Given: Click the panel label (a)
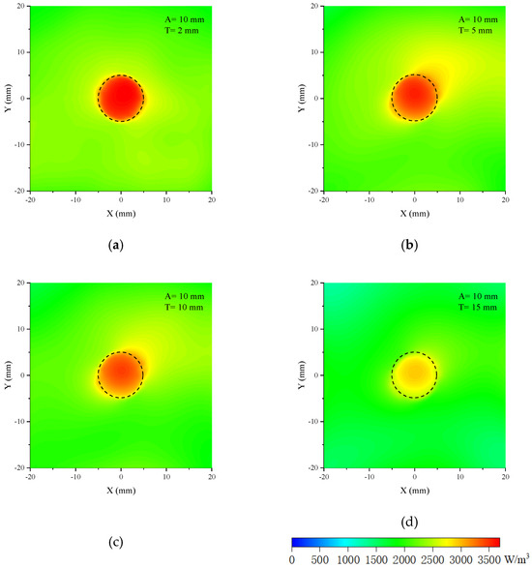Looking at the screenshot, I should [x=117, y=246].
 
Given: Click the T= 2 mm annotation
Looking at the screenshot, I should [x=178, y=29].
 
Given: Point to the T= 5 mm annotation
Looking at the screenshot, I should [x=471, y=29].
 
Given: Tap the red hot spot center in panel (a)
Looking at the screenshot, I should [x=121, y=98].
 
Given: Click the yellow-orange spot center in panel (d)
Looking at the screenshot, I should [x=414, y=374].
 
